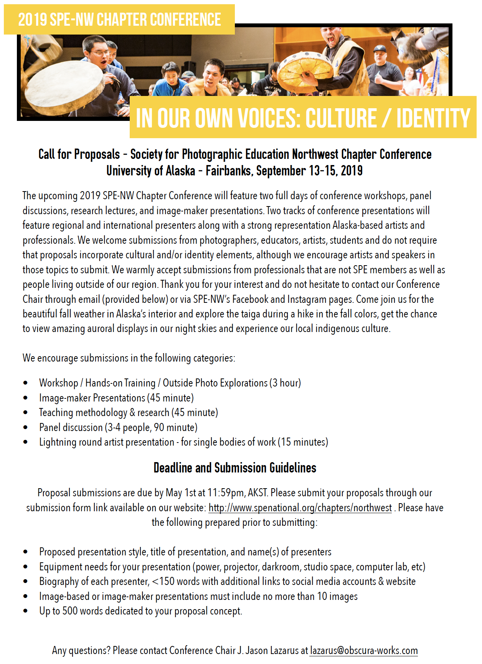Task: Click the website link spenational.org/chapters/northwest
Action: [300, 508]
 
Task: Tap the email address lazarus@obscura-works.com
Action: [363, 651]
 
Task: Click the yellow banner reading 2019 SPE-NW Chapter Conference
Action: [119, 20]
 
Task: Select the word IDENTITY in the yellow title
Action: [433, 118]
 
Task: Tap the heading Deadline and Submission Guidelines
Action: [235, 468]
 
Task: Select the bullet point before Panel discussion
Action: [26, 428]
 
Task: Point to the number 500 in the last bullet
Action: [70, 611]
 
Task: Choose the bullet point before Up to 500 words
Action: [26, 611]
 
